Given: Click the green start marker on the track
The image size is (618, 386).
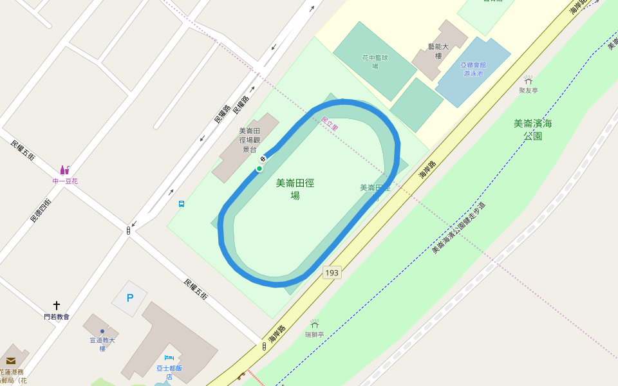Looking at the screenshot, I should click(x=259, y=169).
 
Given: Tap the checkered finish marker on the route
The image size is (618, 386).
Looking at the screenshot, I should click(x=263, y=158).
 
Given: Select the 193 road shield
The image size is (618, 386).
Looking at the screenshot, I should click(x=332, y=273).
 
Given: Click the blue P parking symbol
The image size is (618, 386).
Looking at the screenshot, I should click(x=130, y=298).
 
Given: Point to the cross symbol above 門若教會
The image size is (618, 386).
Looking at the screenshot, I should click(x=57, y=305).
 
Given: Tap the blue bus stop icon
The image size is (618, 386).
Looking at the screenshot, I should click(x=182, y=204).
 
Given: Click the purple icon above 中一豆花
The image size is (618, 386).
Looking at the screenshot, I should click(x=64, y=170).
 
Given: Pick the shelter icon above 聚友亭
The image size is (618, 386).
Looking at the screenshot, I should click(x=529, y=80).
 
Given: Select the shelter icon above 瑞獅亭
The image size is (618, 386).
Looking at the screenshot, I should click(x=315, y=324).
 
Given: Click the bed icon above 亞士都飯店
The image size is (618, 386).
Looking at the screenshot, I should click(x=169, y=358).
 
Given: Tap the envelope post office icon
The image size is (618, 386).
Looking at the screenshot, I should click(x=11, y=361).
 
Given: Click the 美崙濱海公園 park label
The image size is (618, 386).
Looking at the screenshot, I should click(x=533, y=129).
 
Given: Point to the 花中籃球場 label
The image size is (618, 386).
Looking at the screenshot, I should click(x=375, y=61).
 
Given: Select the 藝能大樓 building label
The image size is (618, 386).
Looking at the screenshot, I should click(x=439, y=51).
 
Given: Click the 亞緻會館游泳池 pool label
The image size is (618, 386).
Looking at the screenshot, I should click(x=473, y=69).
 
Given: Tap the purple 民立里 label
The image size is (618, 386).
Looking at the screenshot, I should click(x=330, y=124).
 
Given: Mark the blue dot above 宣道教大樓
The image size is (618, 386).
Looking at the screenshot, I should click(x=102, y=331).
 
